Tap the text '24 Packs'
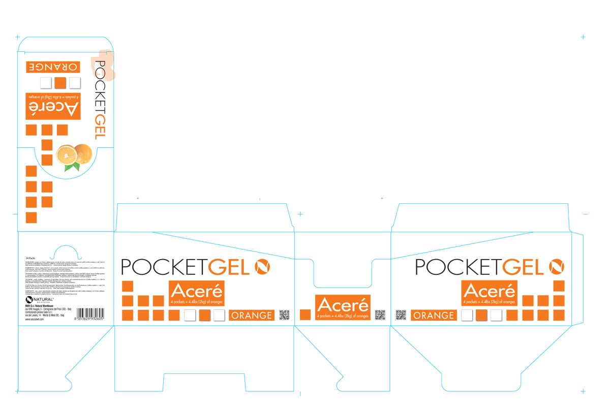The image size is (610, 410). coord(31,258)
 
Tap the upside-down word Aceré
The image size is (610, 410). coord(53,108)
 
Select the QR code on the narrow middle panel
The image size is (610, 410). coord(380,315)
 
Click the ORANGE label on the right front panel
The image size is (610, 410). coord(434,316)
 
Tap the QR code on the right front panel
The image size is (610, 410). coord(401,315)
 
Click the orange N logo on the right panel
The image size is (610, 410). coord(557,266)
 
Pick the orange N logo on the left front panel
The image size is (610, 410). coord(262,266)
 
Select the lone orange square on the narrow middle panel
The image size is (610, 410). coord(305,315)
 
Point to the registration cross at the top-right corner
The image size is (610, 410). coord(583,37)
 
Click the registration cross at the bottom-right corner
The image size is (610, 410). coord(583,392)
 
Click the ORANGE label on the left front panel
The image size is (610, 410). coord(252,316)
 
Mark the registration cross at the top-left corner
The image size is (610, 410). coord(18,37)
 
